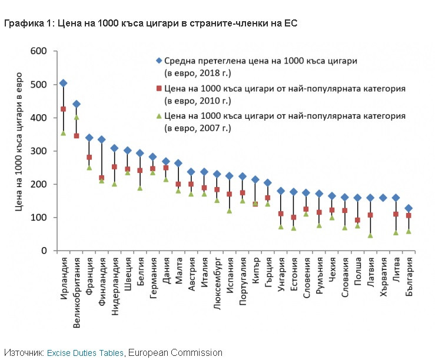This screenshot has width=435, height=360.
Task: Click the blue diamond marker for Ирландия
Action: coord(64,84)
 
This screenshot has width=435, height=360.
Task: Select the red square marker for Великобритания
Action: coord(77,136)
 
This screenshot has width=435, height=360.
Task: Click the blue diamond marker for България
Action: coord(409,208)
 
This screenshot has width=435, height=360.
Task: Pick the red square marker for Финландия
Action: coord(102,178)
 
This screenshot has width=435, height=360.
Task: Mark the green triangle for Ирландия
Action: coord(64,133)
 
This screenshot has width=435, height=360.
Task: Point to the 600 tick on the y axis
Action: coord(38,51)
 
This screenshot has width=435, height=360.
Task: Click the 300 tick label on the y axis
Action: coord(38,151)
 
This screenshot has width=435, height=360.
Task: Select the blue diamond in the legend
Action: coord(158,61)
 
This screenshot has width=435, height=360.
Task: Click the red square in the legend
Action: coord(158,88)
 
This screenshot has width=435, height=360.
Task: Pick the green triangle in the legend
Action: coord(158,115)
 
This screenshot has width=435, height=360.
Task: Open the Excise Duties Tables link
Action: coord(85,352)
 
